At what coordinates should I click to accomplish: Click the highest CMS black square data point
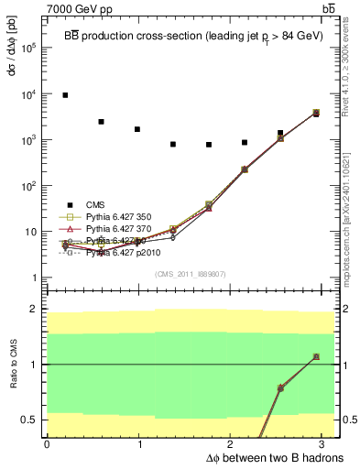click(x=65, y=95)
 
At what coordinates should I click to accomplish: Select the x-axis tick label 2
click(x=232, y=444)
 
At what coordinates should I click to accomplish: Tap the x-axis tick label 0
click(x=47, y=444)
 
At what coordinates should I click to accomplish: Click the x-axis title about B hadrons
click(x=262, y=457)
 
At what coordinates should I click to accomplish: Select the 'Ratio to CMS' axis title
click(x=12, y=364)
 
